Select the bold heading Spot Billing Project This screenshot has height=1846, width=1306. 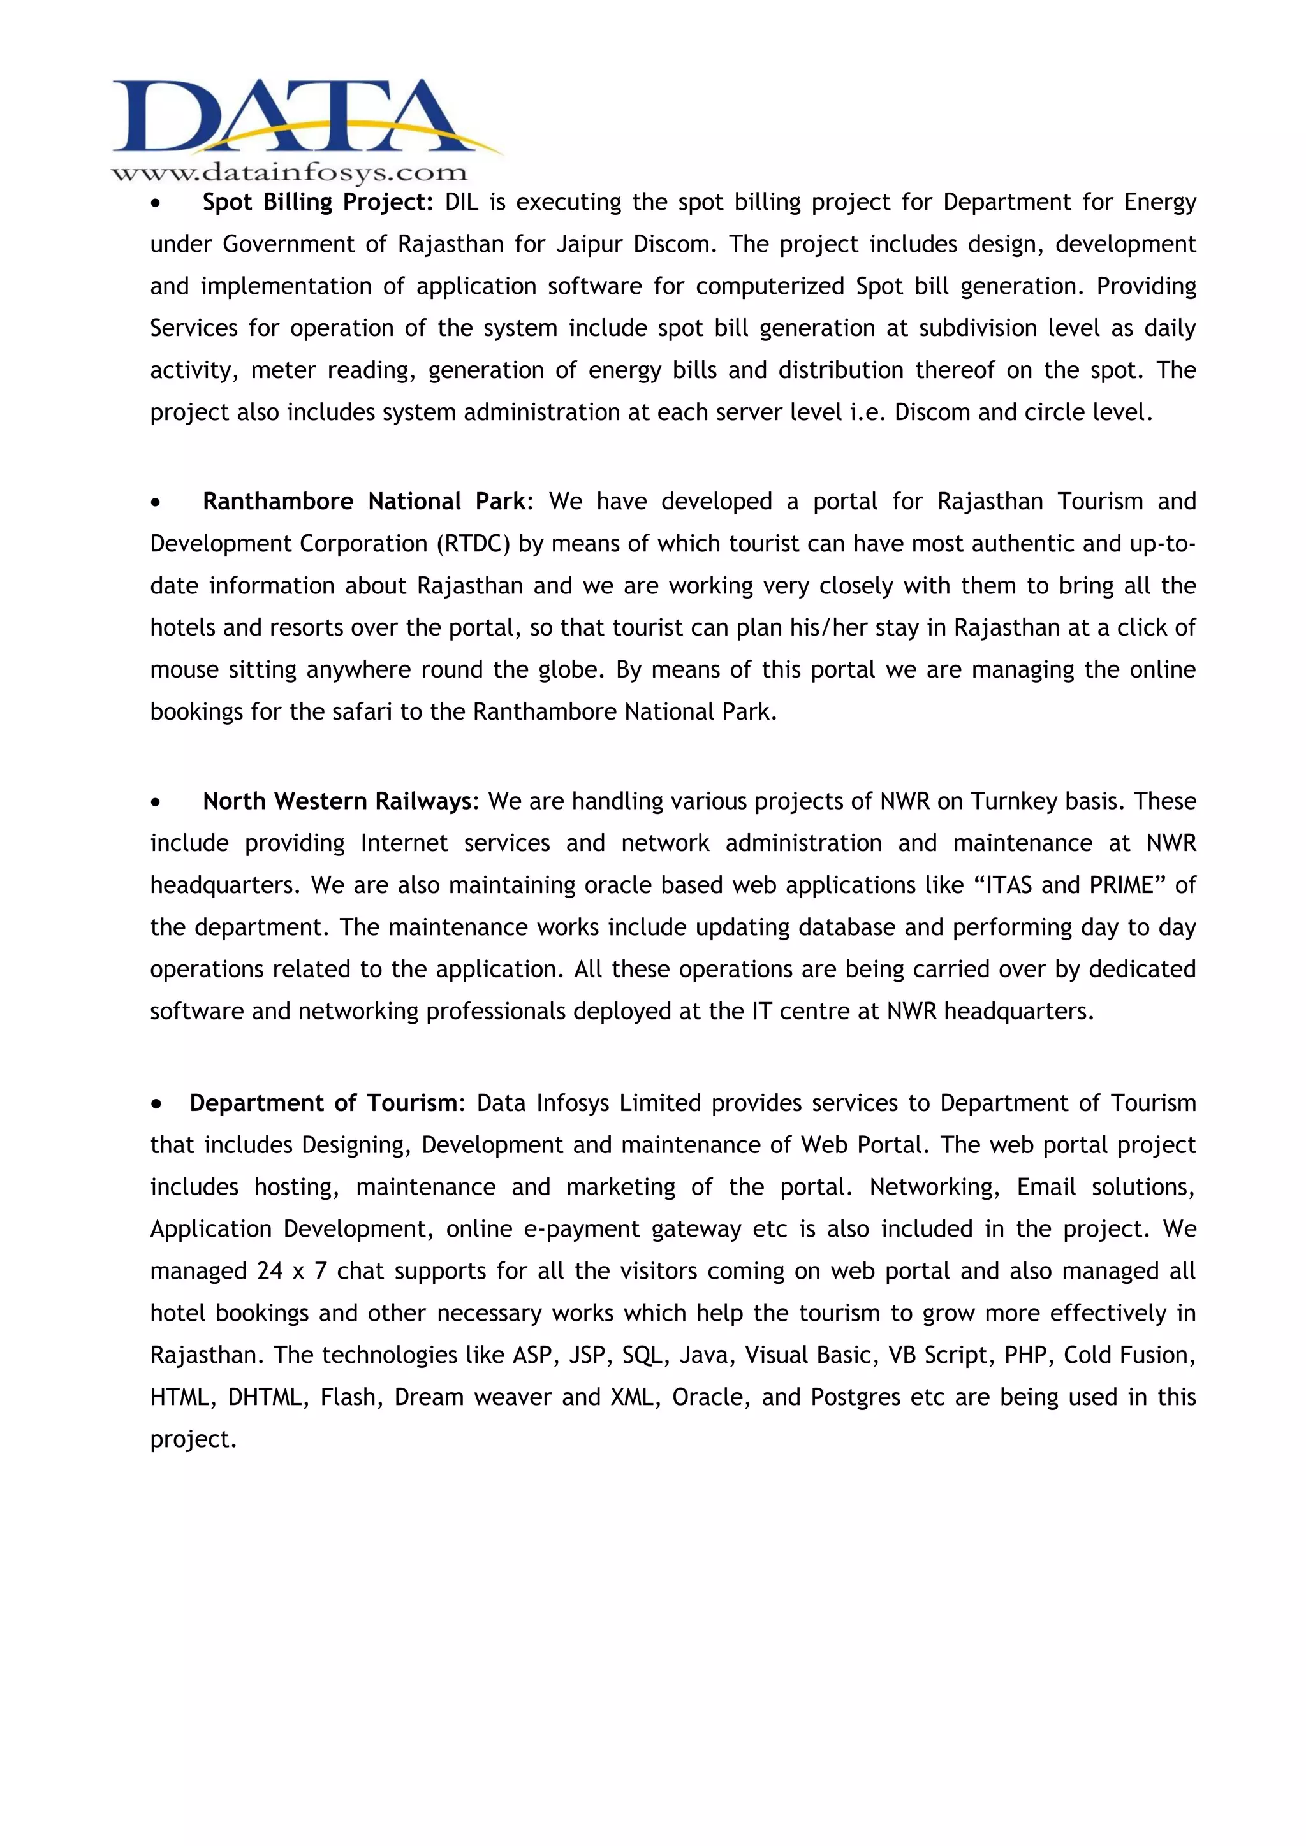318,202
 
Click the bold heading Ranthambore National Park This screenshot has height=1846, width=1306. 363,502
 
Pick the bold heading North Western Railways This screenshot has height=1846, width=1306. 337,802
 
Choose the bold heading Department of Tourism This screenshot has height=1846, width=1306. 323,1103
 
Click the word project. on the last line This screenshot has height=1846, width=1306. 193,1440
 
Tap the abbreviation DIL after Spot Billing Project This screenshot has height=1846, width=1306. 462,202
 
